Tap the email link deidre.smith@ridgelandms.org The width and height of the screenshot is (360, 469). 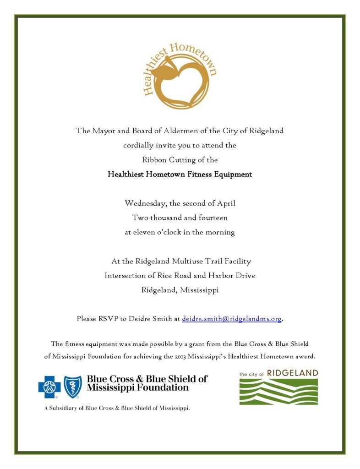coord(231,319)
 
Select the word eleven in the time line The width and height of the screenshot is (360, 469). coord(145,232)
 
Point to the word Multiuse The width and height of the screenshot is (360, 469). coord(196,262)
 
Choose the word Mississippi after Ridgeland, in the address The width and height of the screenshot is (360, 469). coord(199,290)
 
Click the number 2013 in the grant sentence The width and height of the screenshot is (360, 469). coord(193,356)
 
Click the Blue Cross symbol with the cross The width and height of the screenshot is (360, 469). coord(49,387)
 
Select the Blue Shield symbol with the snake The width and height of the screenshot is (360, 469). coord(72,387)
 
